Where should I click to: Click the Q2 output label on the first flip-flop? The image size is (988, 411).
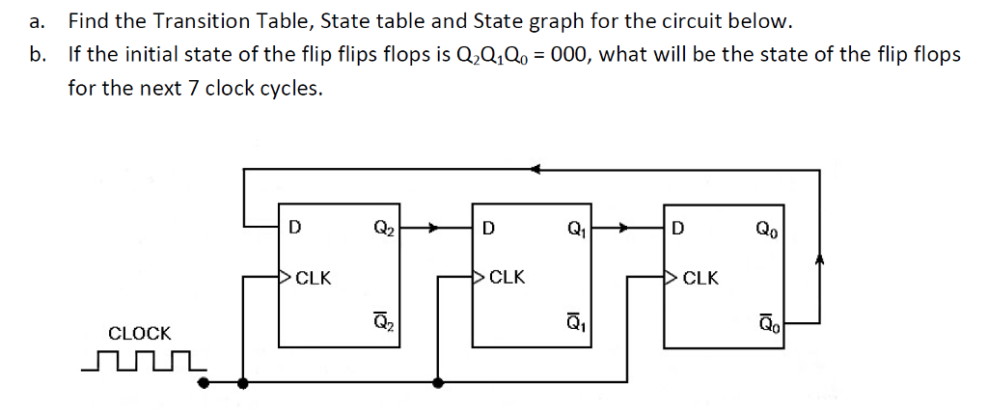tap(383, 230)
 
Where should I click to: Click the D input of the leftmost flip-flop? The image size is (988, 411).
tap(295, 229)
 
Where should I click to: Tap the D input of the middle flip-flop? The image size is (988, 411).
tap(489, 229)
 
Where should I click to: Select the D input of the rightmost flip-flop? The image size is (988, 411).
tap(678, 229)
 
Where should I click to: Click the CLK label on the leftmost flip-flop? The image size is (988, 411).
tap(314, 279)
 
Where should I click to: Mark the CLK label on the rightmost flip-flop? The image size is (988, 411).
tap(700, 279)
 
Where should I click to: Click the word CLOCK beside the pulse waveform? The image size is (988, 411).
tap(140, 334)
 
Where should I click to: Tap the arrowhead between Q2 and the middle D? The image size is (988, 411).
tap(436, 229)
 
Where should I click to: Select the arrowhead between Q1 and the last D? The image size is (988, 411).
tap(628, 229)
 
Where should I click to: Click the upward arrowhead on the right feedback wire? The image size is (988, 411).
tap(819, 260)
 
